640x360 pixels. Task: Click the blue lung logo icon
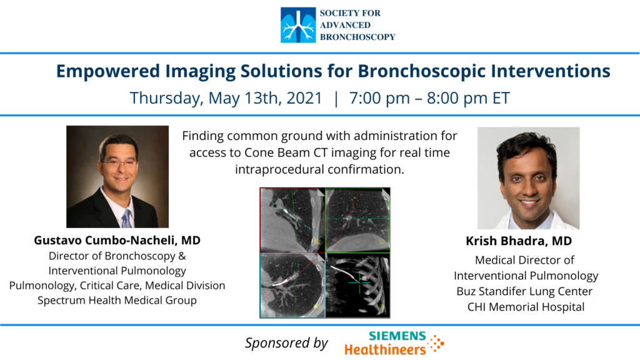coord(298,25)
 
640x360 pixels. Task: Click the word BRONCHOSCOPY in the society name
coord(357,37)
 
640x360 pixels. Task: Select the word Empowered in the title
coord(108,71)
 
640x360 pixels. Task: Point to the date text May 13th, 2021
coord(265,98)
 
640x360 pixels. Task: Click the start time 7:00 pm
coord(379,98)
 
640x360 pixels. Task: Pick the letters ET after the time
coord(501,98)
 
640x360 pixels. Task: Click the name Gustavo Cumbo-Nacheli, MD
coord(117,241)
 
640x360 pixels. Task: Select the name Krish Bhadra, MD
coord(519,241)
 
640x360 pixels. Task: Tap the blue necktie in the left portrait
coord(126,219)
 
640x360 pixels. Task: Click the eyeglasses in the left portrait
coord(118,163)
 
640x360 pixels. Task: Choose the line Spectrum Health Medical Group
coord(117,301)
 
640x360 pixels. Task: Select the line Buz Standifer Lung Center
coord(524,291)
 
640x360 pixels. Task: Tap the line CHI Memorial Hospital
coord(526,307)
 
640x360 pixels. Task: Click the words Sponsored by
coord(286,343)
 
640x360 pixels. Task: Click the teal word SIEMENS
coord(397,336)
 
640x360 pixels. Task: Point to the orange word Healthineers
coord(385,350)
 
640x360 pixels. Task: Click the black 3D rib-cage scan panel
coord(358,285)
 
